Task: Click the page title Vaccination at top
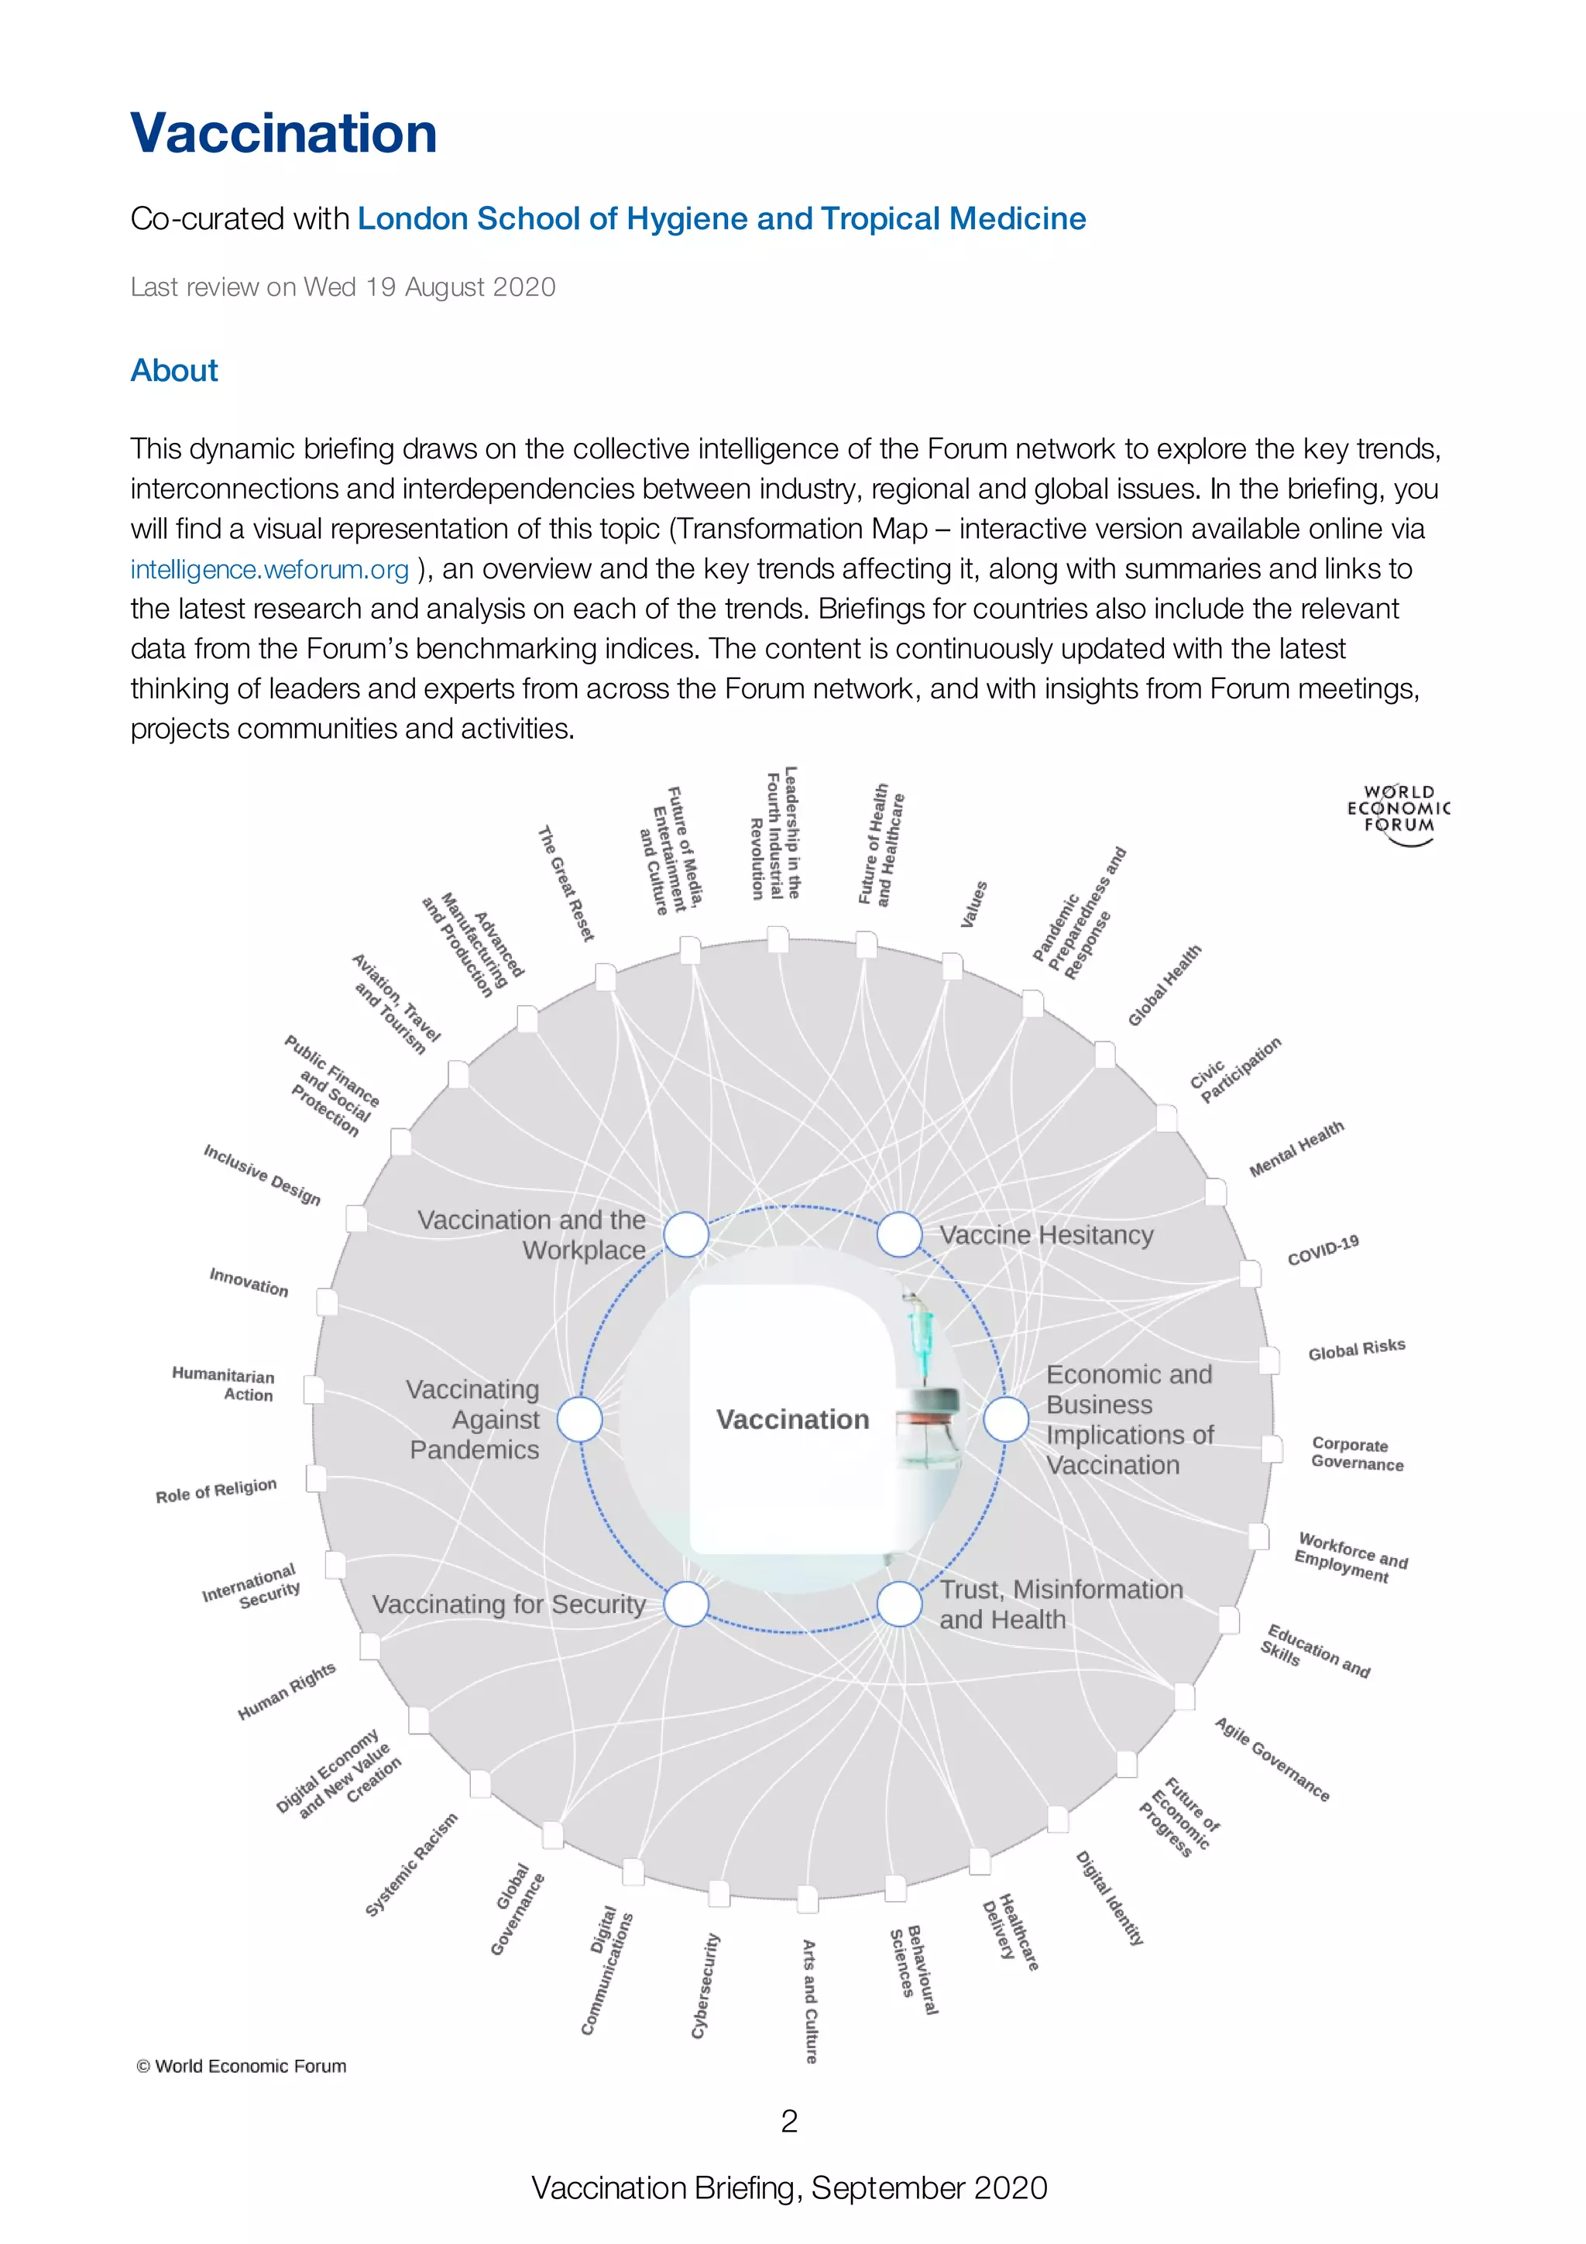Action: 283,133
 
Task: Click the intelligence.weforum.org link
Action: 269,569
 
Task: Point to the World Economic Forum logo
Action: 1399,813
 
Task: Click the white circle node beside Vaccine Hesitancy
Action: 899,1234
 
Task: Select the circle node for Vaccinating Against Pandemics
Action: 579,1419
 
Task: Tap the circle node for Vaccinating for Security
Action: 686,1604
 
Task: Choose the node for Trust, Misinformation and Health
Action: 899,1604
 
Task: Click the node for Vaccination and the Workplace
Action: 686,1234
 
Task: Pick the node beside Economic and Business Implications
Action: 1005,1419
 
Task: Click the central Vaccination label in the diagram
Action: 792,1419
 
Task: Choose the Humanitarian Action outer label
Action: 224,1384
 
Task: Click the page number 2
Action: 790,2121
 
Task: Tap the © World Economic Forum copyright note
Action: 242,2066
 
